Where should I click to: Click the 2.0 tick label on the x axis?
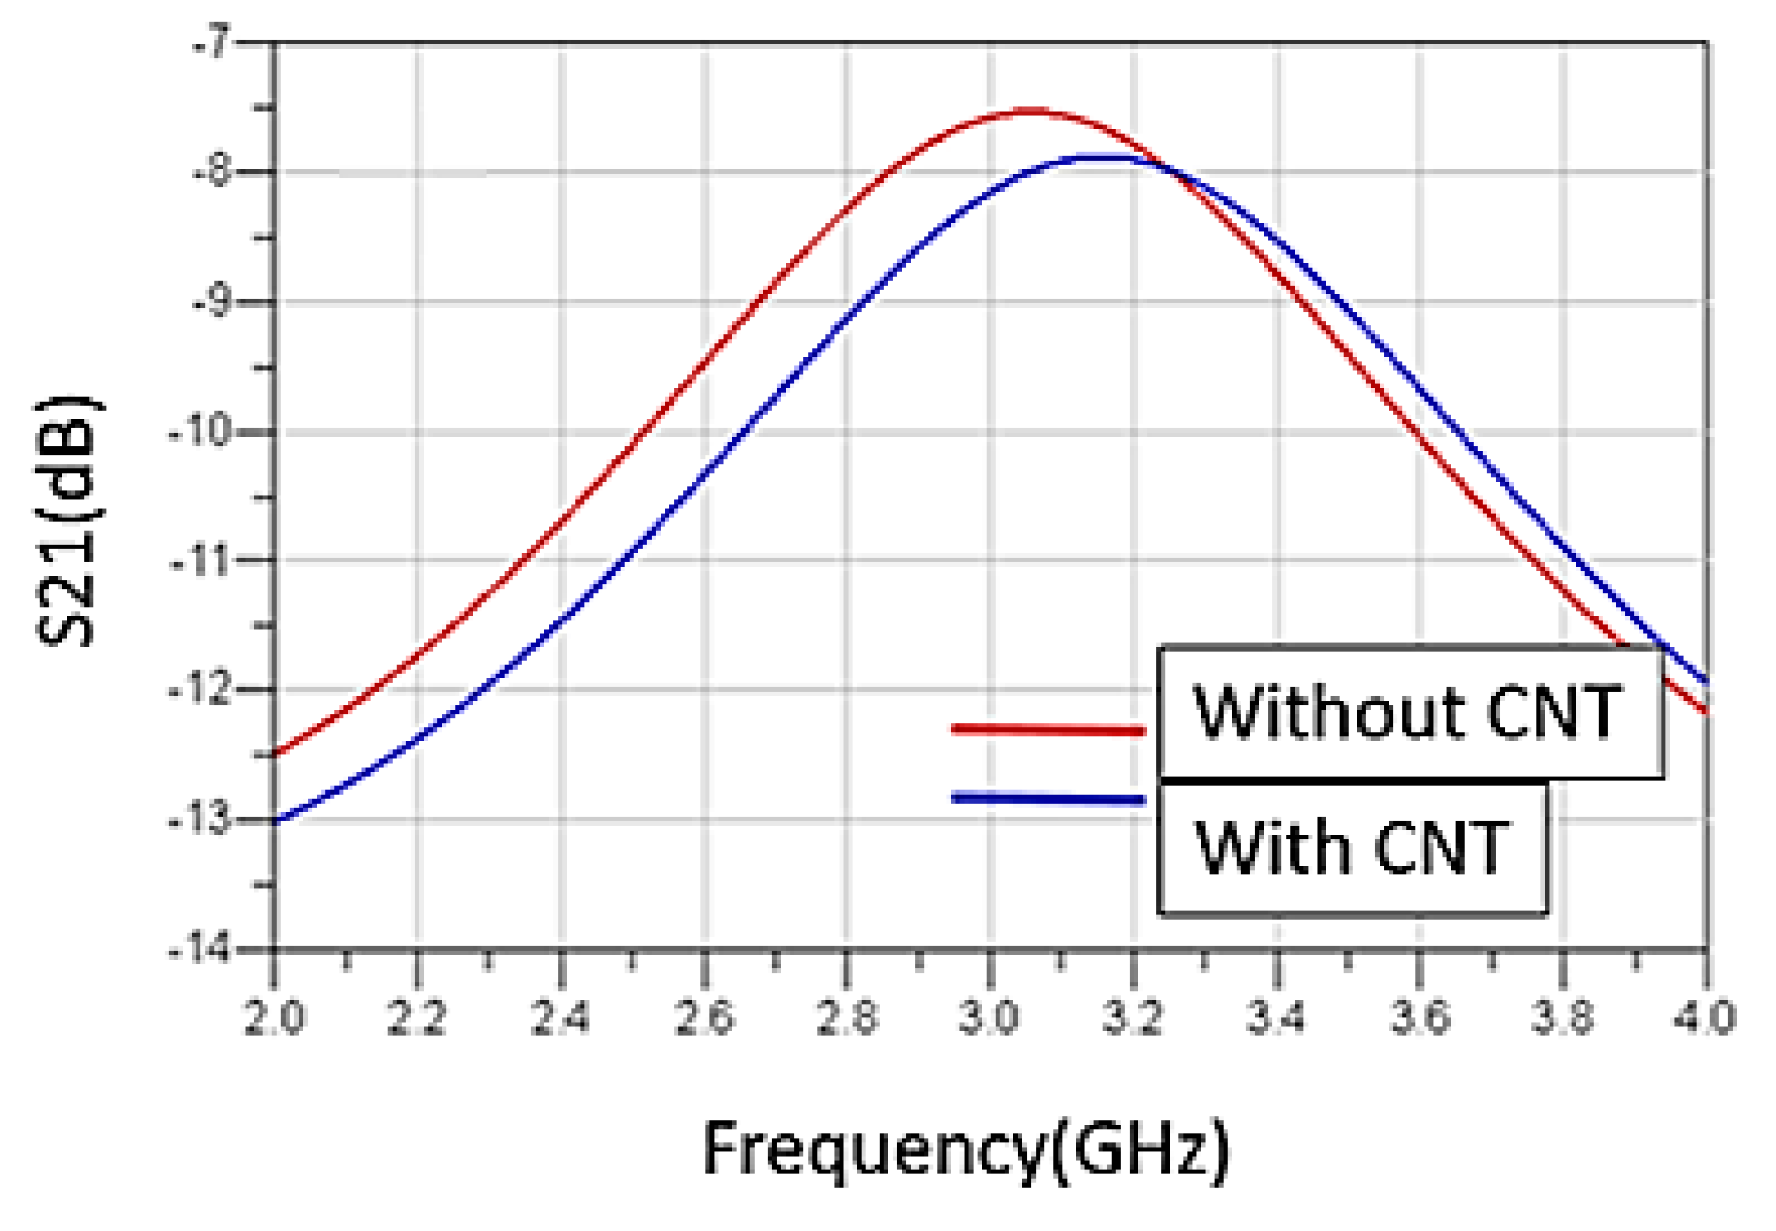pos(274,1016)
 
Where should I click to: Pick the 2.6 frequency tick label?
pos(704,1016)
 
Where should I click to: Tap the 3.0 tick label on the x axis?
pos(990,1016)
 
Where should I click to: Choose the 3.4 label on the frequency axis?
pos(1276,1016)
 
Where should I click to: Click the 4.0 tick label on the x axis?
pos(1704,1016)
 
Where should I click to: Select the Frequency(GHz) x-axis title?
pos(966,1149)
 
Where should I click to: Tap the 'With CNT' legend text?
pos(1351,848)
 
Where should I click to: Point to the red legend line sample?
pos(1048,730)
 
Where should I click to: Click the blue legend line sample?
pos(1048,798)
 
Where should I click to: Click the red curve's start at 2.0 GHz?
pos(276,755)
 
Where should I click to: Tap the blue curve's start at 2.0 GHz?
pos(276,821)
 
